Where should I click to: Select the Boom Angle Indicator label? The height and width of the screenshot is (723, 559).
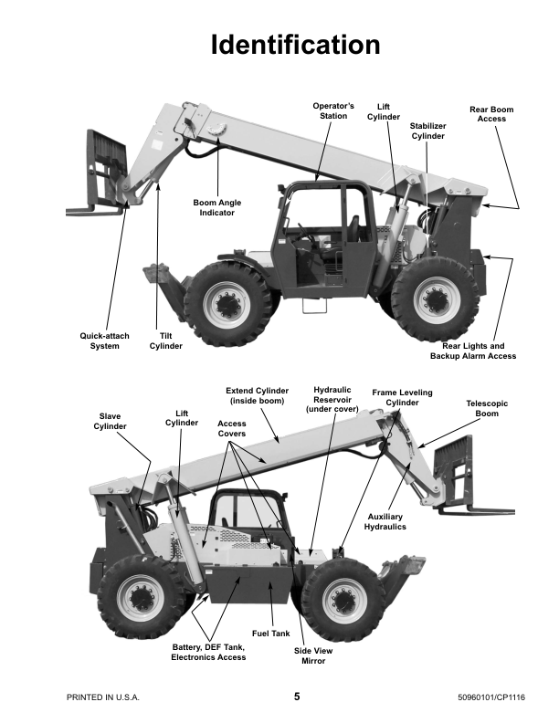click(x=217, y=207)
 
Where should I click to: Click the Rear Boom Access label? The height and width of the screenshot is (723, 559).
click(x=491, y=114)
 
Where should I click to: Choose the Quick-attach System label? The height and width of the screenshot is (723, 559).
click(x=105, y=341)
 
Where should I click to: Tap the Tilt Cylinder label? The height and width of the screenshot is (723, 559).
click(x=166, y=341)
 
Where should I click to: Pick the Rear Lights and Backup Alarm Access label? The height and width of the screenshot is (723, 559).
click(x=473, y=351)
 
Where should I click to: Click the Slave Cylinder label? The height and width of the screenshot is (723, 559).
click(x=111, y=421)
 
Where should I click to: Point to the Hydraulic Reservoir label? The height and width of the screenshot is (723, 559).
click(x=332, y=399)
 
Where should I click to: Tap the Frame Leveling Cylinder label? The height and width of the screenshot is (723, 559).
click(x=402, y=397)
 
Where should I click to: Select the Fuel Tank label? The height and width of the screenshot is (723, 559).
click(x=270, y=633)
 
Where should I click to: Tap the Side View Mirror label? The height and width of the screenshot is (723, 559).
click(x=310, y=655)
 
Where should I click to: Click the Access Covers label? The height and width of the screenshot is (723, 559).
click(x=231, y=429)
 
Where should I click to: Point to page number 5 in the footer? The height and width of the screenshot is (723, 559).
click(x=296, y=697)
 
